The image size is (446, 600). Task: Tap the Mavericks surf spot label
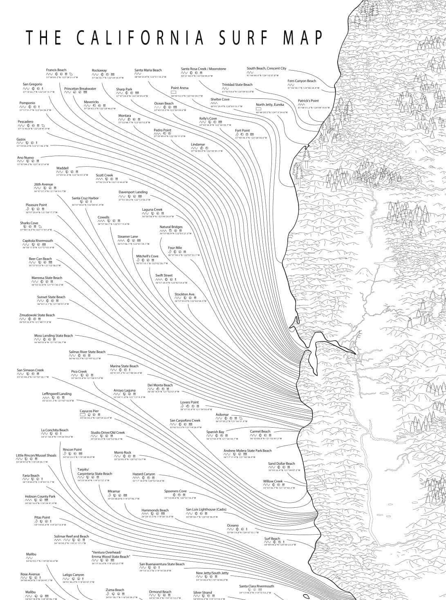[91, 102]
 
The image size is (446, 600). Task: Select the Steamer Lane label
[128, 236]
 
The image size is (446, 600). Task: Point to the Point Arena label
[179, 88]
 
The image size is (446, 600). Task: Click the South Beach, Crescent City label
[267, 69]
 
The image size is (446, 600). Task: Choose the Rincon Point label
[72, 450]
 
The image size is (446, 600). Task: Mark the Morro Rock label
[123, 453]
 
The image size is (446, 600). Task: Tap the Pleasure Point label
[36, 205]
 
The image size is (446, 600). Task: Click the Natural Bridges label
[171, 227]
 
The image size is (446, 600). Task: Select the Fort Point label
[242, 131]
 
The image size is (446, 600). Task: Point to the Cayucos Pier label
[89, 411]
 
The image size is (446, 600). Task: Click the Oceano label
[233, 525]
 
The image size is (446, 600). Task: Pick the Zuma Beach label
[115, 590]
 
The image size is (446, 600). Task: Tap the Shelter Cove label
[220, 99]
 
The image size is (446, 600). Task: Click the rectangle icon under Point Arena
[173, 92]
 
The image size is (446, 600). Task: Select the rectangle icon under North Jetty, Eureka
[258, 109]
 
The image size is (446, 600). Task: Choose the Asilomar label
[222, 415]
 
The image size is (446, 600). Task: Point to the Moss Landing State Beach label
[54, 336]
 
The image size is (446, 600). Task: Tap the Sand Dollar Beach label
[281, 464]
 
